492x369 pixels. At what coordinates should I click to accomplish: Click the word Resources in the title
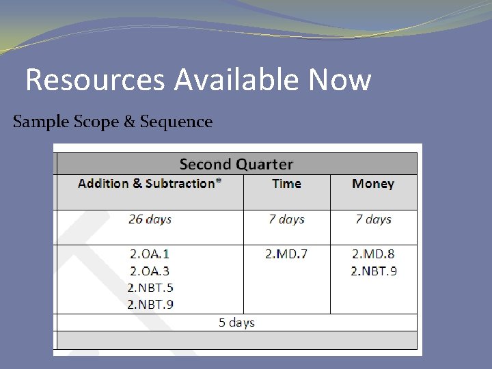(x=94, y=81)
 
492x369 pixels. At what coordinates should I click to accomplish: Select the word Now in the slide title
(x=340, y=81)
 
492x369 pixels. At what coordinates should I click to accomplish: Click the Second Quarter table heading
(x=236, y=164)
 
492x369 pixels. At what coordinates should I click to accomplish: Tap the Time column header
(x=286, y=183)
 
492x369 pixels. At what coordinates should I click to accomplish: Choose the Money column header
(x=373, y=183)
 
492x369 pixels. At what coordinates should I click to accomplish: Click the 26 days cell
(x=150, y=219)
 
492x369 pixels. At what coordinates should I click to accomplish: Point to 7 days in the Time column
(x=286, y=219)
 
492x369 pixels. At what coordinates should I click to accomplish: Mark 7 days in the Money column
(x=373, y=219)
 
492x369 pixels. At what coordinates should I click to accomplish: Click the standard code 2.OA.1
(x=150, y=254)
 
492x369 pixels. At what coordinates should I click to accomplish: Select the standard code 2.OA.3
(x=150, y=271)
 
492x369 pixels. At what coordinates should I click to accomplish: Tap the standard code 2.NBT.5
(x=150, y=287)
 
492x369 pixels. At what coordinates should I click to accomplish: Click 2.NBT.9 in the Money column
(x=373, y=271)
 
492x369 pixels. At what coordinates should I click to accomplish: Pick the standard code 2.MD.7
(x=286, y=254)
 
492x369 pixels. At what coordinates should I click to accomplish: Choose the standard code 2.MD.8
(x=373, y=254)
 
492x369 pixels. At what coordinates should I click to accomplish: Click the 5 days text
(x=236, y=322)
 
